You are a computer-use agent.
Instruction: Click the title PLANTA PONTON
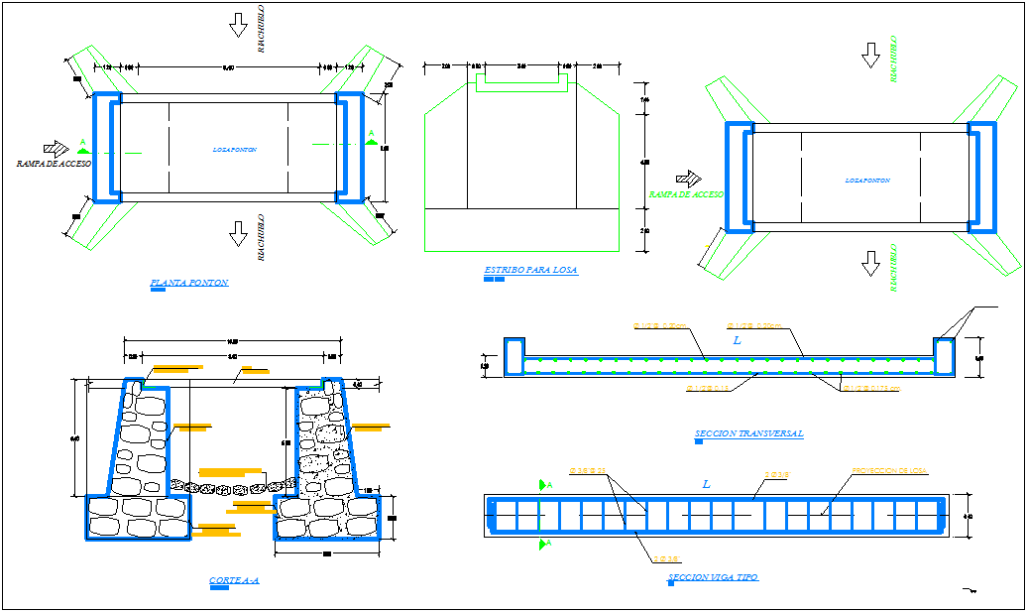(x=188, y=283)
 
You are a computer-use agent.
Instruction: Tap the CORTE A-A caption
(x=234, y=580)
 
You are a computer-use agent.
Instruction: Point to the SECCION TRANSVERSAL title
(x=749, y=433)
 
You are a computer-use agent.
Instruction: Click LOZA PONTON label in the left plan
(x=235, y=150)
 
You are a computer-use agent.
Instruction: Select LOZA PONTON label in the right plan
(x=867, y=181)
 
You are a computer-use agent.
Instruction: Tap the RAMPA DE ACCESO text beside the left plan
(x=54, y=163)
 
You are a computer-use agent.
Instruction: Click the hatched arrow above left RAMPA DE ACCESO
(x=56, y=148)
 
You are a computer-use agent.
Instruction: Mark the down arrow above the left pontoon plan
(x=238, y=25)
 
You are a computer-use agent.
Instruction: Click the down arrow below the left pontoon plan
(x=238, y=233)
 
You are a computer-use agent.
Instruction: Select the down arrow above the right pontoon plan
(x=870, y=56)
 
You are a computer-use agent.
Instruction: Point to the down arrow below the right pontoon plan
(x=870, y=263)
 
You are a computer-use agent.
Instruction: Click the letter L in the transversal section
(x=737, y=340)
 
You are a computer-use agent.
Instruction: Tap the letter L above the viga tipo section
(x=707, y=484)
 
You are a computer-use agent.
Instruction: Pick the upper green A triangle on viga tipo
(x=543, y=485)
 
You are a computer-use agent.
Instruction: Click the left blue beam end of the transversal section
(x=513, y=357)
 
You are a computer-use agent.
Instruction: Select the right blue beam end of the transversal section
(x=943, y=357)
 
